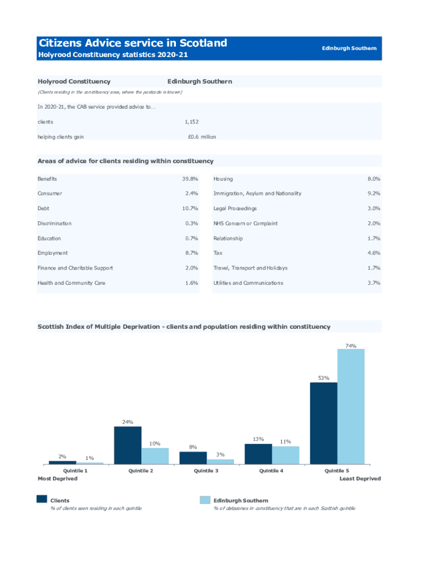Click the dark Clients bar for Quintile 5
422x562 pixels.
click(x=323, y=423)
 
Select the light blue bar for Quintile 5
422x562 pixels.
click(x=351, y=407)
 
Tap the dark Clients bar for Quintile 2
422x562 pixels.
click(x=128, y=445)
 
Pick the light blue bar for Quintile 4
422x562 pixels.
click(x=286, y=455)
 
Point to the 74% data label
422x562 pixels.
click(x=351, y=346)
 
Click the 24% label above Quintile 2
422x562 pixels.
click(x=128, y=422)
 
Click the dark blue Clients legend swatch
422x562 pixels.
click(x=42, y=499)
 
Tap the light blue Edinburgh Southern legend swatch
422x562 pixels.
click(x=205, y=499)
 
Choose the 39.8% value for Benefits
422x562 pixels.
click(x=190, y=179)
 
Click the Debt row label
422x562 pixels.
click(x=43, y=209)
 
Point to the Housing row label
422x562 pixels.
click(x=223, y=179)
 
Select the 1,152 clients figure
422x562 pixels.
click(x=191, y=122)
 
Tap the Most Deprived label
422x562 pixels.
click(x=58, y=479)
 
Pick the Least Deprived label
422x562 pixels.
click(x=360, y=479)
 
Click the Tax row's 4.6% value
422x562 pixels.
click(x=374, y=253)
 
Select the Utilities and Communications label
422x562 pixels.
click(x=248, y=283)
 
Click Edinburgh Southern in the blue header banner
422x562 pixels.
click(x=349, y=48)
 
